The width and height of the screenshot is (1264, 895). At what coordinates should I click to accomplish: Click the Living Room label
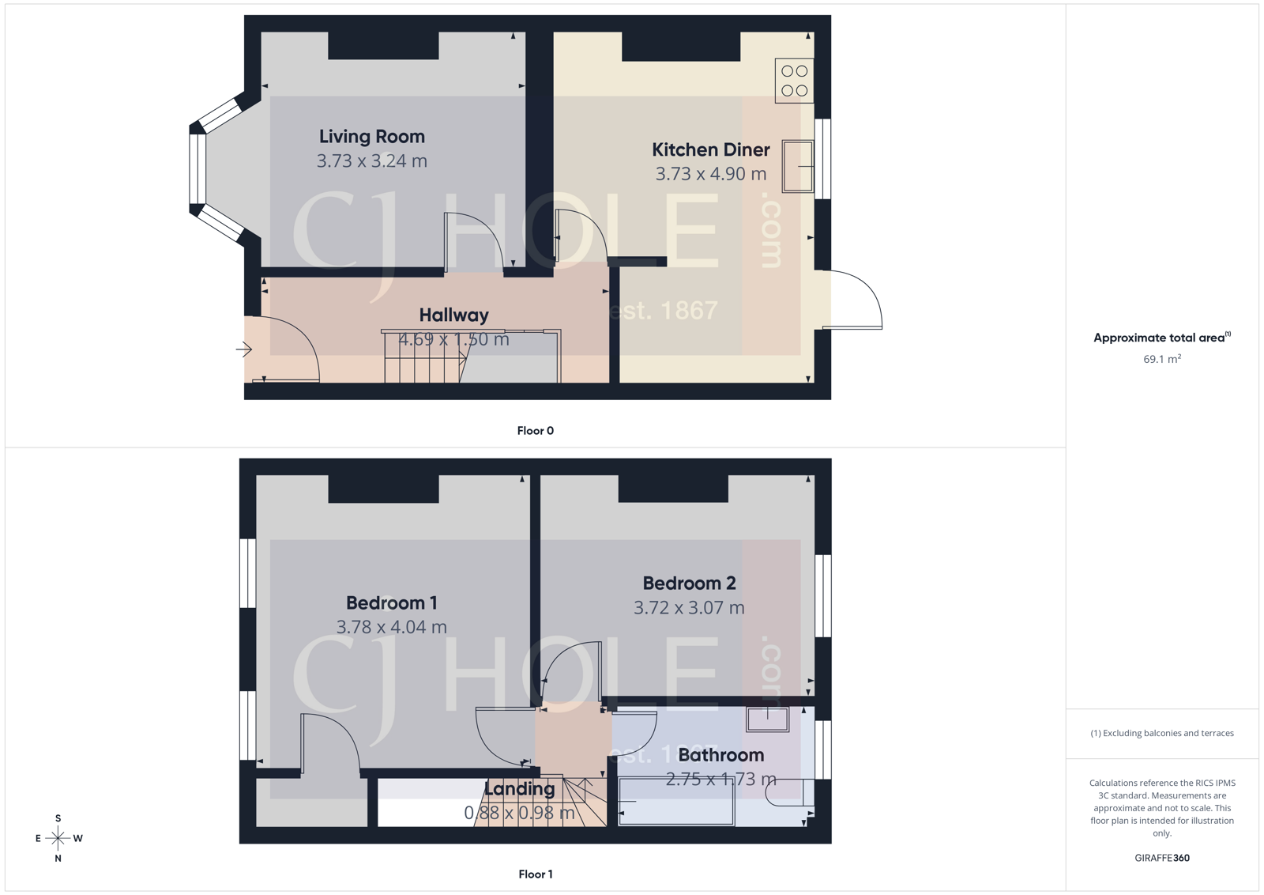371,137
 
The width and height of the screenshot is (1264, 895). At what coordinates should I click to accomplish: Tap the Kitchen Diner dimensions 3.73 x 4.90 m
710,174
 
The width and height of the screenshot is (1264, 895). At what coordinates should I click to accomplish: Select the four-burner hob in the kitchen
794,81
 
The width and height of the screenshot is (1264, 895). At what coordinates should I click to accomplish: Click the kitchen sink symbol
797,166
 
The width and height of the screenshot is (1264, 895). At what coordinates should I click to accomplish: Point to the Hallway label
453,315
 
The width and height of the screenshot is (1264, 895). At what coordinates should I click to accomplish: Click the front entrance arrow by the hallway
243,349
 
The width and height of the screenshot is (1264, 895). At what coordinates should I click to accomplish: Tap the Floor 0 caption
535,431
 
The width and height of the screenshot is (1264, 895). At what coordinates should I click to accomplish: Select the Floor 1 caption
535,874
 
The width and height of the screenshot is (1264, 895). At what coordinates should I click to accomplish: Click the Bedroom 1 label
391,602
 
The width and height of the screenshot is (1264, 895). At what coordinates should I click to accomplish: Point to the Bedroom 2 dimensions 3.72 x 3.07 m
688,608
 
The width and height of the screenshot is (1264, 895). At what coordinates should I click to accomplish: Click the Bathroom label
720,755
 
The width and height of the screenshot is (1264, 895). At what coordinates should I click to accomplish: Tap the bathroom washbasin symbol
767,719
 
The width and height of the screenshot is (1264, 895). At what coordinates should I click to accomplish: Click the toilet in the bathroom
790,792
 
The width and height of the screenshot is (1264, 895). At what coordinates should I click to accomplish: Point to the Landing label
519,789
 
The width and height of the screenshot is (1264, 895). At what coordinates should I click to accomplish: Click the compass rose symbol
58,837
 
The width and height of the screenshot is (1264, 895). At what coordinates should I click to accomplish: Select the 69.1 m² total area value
1161,359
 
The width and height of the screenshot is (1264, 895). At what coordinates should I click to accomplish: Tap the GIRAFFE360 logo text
1161,858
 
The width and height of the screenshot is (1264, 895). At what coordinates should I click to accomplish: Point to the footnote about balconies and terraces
1161,733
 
